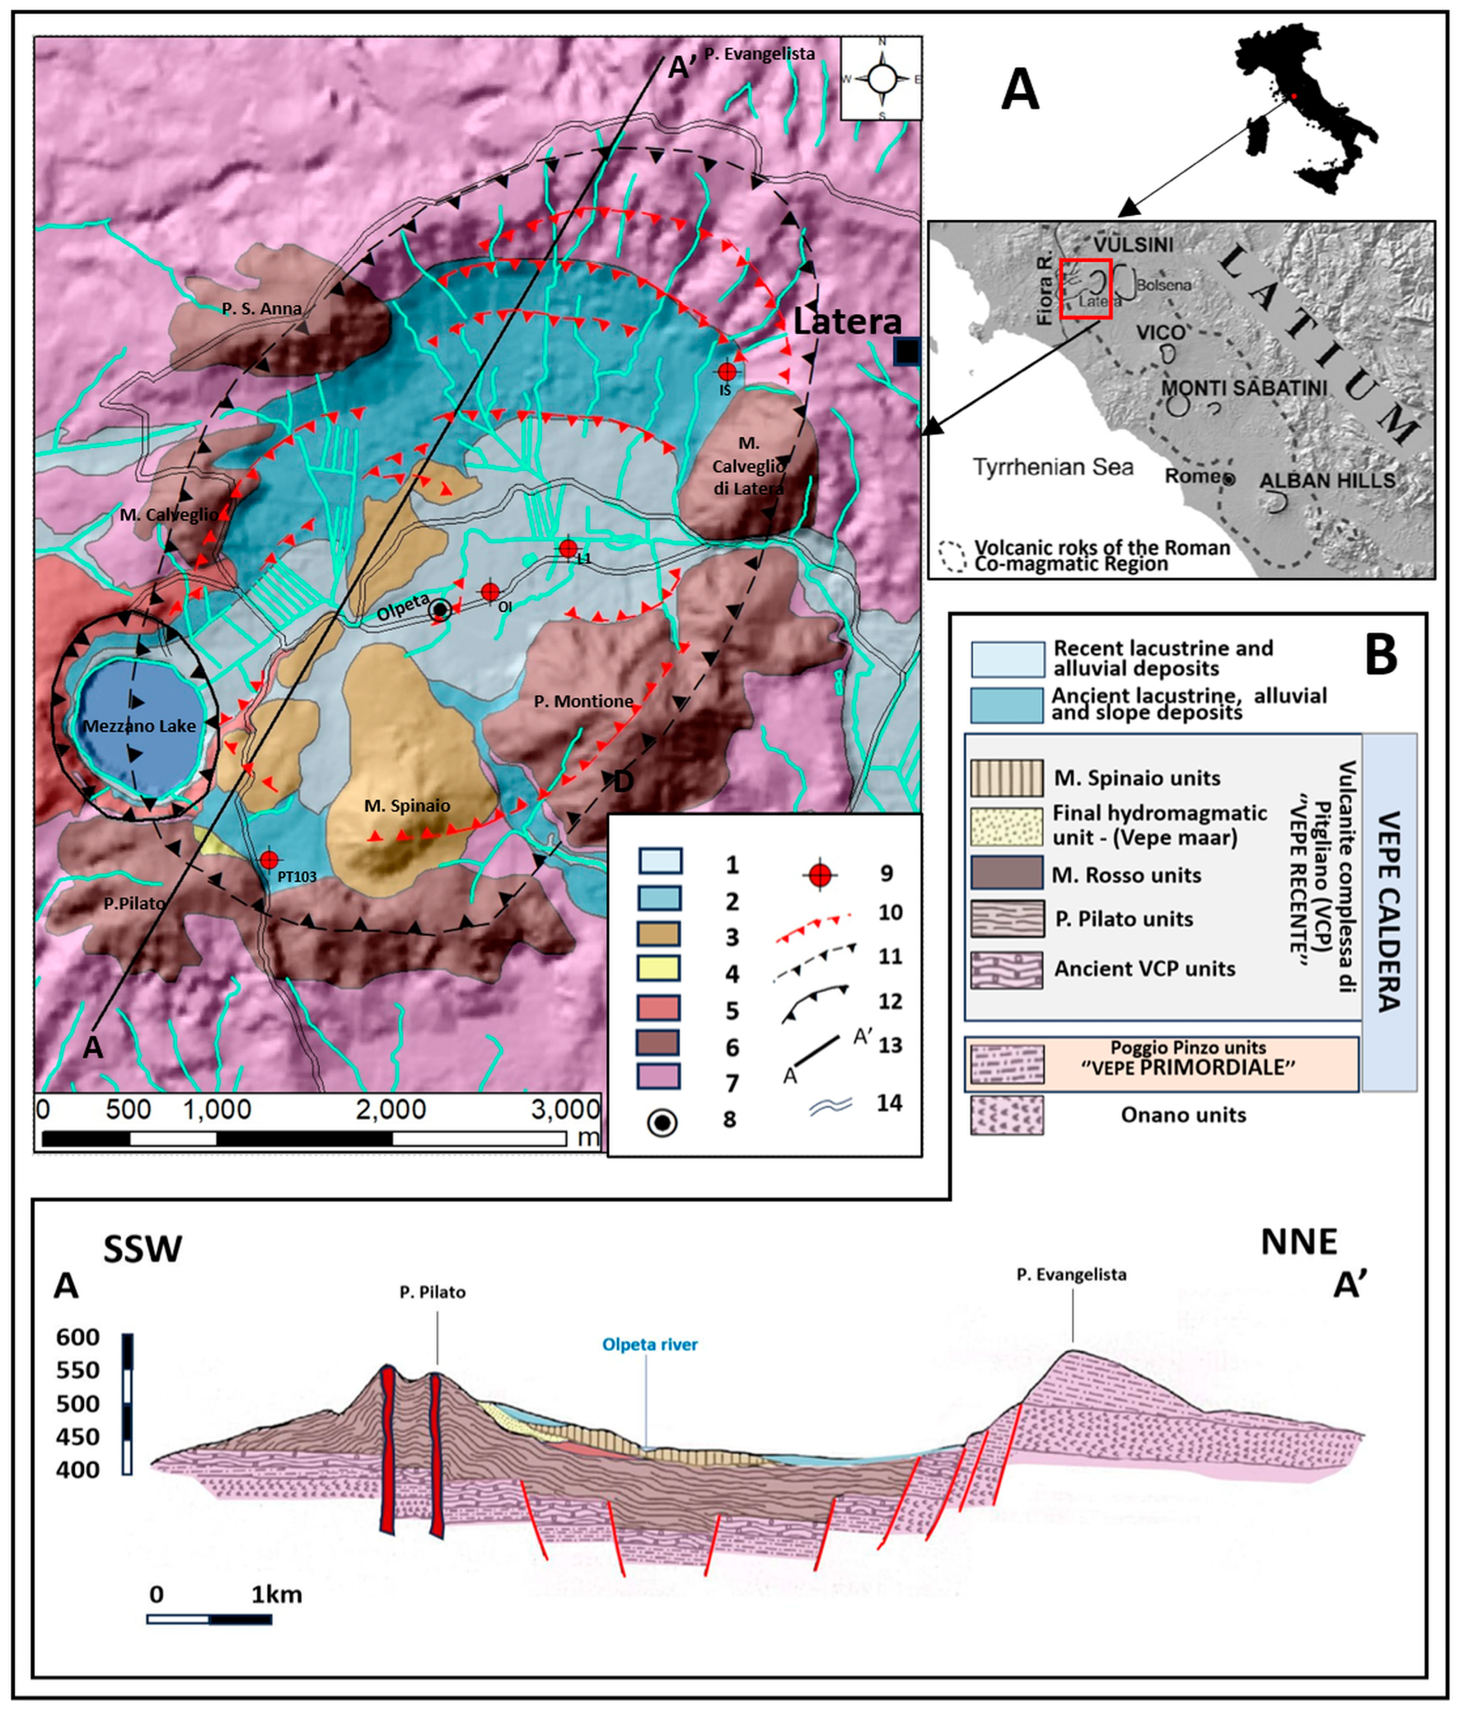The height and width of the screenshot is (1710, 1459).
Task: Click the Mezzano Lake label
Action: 139,726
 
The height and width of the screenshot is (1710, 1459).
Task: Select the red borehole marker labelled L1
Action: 568,548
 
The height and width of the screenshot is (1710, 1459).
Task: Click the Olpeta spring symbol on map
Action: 440,610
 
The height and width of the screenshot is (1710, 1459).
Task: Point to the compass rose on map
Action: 881,79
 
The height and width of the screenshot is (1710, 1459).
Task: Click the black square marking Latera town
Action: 907,352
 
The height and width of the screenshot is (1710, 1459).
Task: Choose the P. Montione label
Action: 583,701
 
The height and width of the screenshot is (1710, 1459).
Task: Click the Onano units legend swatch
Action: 1006,1115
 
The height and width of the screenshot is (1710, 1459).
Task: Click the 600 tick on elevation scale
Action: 77,1337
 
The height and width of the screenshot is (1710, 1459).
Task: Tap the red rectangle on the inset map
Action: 1086,288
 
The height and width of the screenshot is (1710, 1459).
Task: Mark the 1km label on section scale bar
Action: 276,1595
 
